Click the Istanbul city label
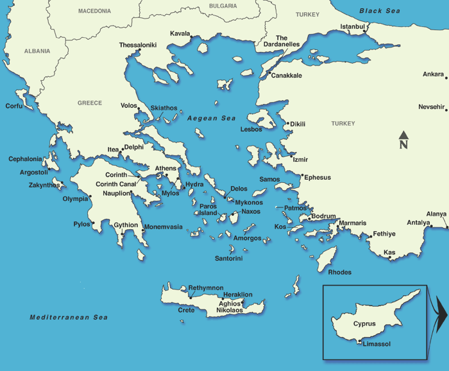[352, 26]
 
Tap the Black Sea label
[380, 11]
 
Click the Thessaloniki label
[138, 45]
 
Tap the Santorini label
[228, 259]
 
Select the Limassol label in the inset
[377, 344]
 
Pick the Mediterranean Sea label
[69, 317]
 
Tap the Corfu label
[15, 106]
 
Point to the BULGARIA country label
[223, 6]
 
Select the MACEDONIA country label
[94, 11]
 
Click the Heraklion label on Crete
[237, 295]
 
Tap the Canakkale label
[286, 75]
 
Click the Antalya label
[418, 223]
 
